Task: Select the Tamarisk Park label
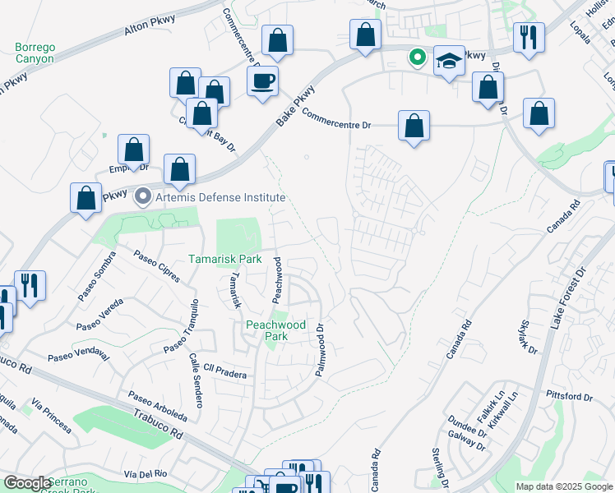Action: tap(224, 258)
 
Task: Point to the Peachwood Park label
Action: tap(276, 330)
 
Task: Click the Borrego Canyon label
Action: tap(35, 53)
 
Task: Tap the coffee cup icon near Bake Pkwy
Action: tap(263, 81)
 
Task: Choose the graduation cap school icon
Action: tap(449, 61)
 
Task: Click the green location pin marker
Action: tap(418, 57)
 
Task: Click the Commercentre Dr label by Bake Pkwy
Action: tap(337, 118)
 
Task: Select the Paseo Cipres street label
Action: tap(157, 266)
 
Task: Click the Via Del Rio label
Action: tap(146, 474)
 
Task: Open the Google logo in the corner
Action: tap(27, 483)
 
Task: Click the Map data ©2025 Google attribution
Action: tap(564, 486)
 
